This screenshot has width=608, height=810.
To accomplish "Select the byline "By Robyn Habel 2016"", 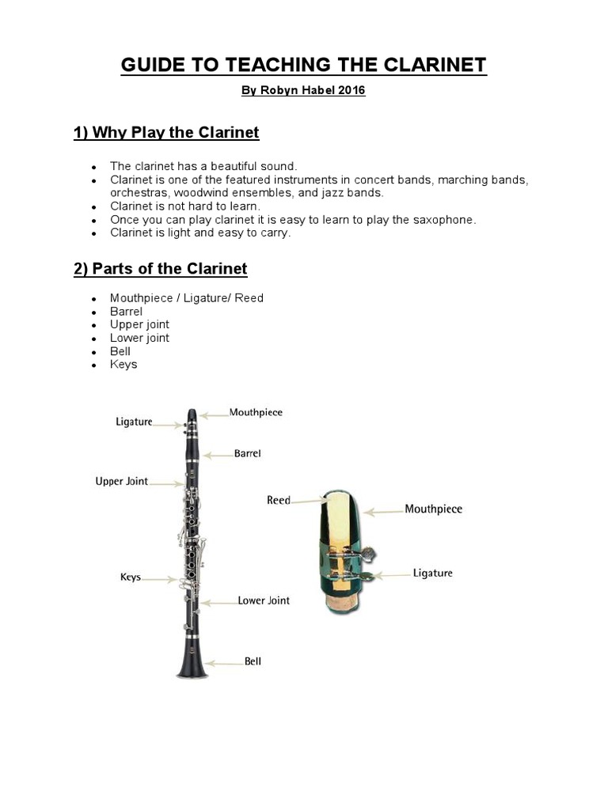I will coord(303,90).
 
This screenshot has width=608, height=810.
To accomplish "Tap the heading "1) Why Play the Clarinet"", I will coord(166,132).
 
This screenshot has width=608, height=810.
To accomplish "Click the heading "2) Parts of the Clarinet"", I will coord(160,269).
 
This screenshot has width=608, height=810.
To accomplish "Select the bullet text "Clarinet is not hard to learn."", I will coord(185,206).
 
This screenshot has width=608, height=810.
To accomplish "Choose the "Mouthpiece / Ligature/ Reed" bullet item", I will coord(187,298).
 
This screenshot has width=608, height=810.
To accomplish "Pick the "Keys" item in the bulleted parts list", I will coord(123,365).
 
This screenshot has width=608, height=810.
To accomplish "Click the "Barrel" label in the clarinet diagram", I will coord(247,454).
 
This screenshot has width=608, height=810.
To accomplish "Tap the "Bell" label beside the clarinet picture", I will coord(253,661).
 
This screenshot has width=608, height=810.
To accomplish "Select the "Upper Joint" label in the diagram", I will coord(122,481).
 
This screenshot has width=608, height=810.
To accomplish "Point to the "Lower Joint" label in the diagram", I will coord(264,600).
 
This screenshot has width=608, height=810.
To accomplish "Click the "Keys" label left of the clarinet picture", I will coord(131,577).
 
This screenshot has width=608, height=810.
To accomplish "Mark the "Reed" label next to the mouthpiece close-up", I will coord(279,500).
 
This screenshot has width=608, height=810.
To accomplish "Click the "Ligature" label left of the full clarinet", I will coord(134,422).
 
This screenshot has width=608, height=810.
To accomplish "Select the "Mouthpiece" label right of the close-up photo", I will coord(433,509).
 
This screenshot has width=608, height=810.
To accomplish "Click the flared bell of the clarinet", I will coord(192,666).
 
